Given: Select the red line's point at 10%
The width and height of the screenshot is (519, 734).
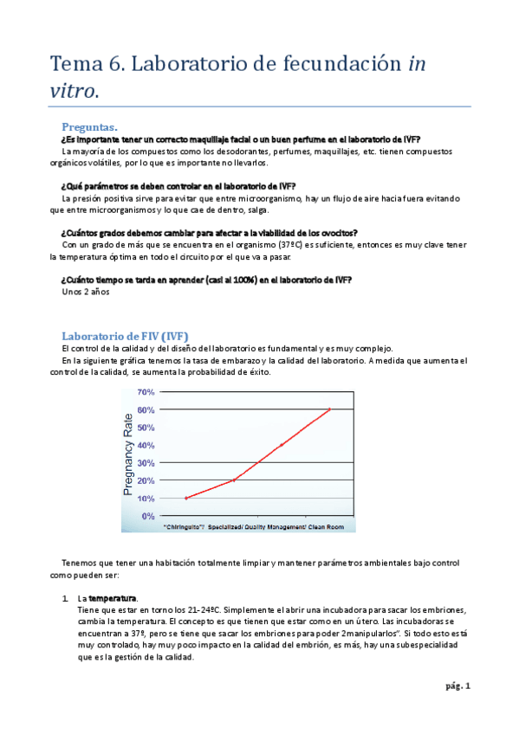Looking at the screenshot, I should [186, 498].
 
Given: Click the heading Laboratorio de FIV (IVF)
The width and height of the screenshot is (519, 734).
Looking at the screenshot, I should [125, 336].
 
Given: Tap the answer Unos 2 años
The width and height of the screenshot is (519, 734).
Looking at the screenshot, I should [86, 292].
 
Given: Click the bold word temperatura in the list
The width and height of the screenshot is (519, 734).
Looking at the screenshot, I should [113, 598].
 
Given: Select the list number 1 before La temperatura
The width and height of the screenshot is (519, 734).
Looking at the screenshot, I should [65, 598].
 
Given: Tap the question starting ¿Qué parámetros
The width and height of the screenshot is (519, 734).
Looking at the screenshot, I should [178, 186].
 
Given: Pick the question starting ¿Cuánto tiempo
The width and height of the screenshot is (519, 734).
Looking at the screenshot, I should [206, 280].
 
